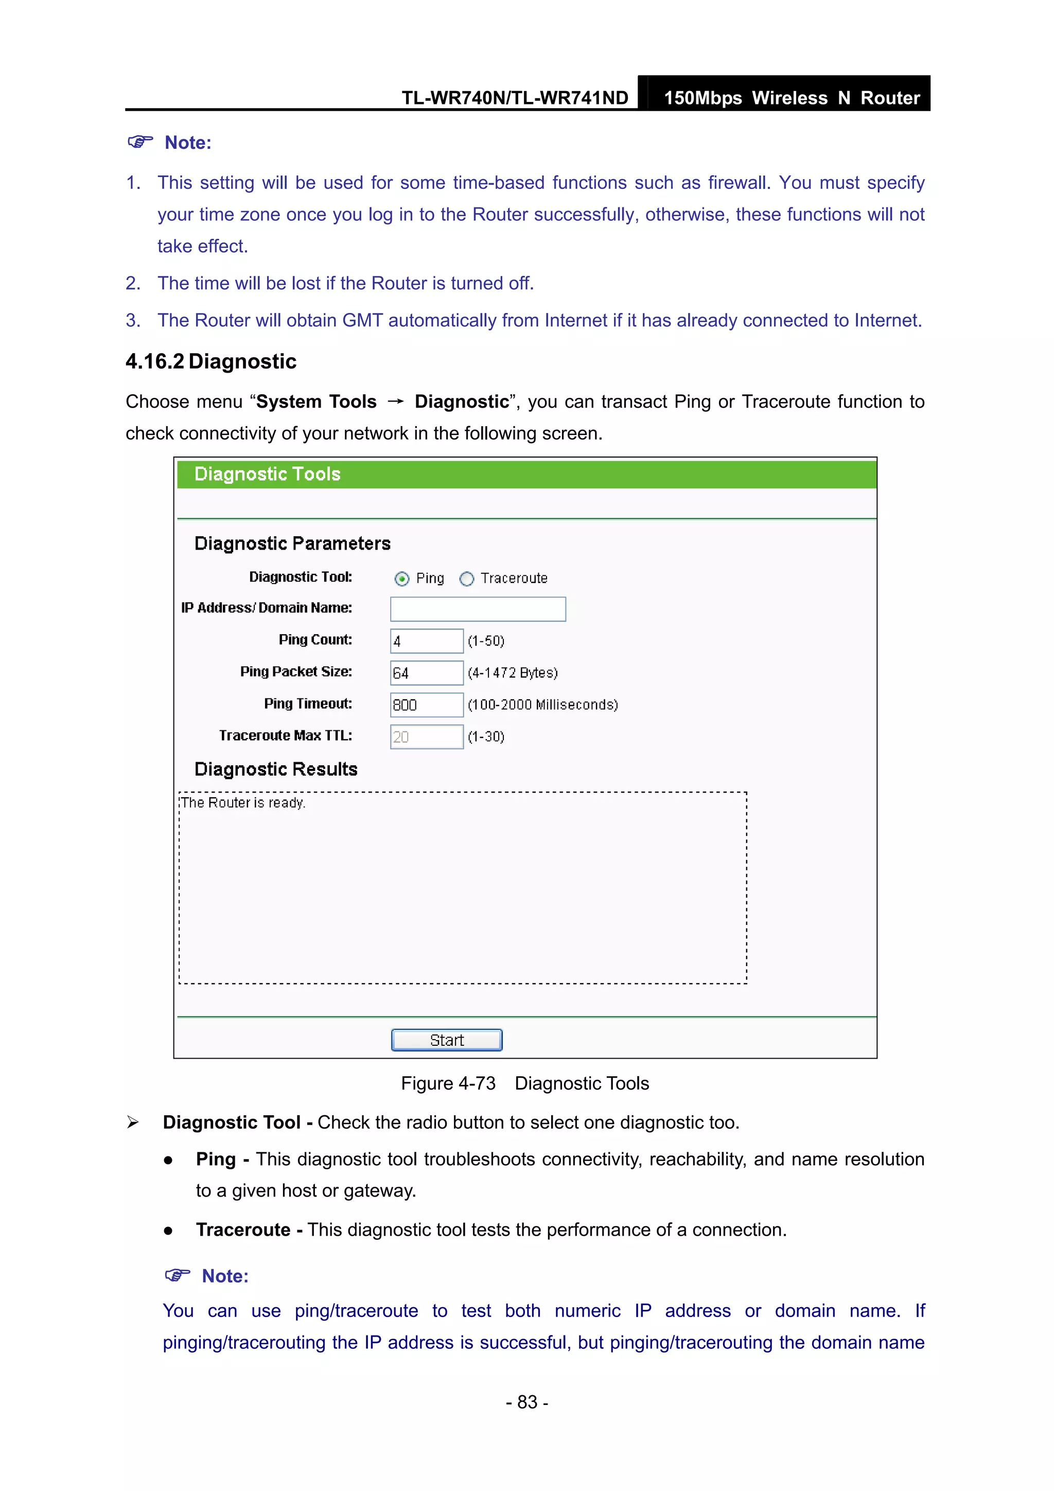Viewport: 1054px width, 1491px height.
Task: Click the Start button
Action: click(446, 1040)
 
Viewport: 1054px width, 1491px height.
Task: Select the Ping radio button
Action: click(402, 578)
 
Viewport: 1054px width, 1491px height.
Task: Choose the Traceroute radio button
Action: click(466, 578)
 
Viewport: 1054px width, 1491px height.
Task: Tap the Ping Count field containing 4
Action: click(426, 641)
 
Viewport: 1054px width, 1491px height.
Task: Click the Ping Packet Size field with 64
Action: click(426, 673)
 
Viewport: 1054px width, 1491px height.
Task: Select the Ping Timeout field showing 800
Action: click(426, 705)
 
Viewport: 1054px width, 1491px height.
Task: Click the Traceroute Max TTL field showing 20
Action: click(426, 736)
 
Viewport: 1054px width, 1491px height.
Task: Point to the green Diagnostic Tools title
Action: click(267, 474)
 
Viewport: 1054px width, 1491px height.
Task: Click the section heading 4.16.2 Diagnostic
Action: click(211, 362)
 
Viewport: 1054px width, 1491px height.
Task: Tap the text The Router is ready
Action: click(243, 803)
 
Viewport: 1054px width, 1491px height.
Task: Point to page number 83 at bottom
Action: click(526, 1402)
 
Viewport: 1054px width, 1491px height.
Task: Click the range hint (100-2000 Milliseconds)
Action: click(542, 705)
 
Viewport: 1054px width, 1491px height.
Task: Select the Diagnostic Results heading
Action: click(276, 769)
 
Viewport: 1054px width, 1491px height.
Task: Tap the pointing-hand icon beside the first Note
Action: click(140, 142)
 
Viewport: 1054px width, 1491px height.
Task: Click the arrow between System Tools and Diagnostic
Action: click(395, 402)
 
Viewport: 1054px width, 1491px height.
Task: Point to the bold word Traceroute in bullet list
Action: click(243, 1230)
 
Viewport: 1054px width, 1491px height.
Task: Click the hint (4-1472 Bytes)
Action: click(513, 673)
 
